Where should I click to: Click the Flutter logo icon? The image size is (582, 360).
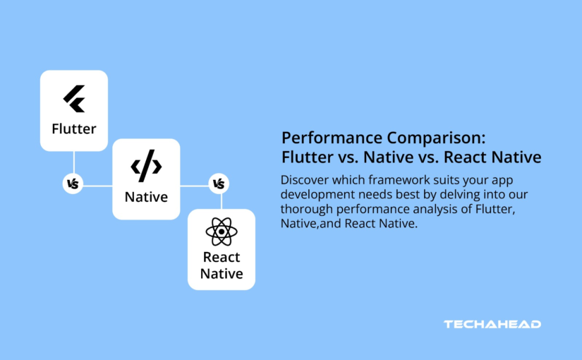[x=74, y=100]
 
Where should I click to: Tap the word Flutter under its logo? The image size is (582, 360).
[x=74, y=129]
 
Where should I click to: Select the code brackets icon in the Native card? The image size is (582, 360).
[x=146, y=167]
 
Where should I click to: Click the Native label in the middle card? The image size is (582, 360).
[x=146, y=197]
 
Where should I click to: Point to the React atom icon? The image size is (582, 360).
[x=222, y=232]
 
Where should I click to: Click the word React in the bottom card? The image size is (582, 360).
[x=222, y=257]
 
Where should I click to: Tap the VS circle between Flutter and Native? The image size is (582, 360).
[x=73, y=184]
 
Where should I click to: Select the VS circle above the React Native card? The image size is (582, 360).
[x=219, y=184]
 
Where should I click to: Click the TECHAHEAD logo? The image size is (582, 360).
[x=492, y=324]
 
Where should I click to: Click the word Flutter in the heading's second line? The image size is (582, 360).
[x=305, y=157]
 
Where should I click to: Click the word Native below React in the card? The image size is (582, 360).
[x=222, y=274]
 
